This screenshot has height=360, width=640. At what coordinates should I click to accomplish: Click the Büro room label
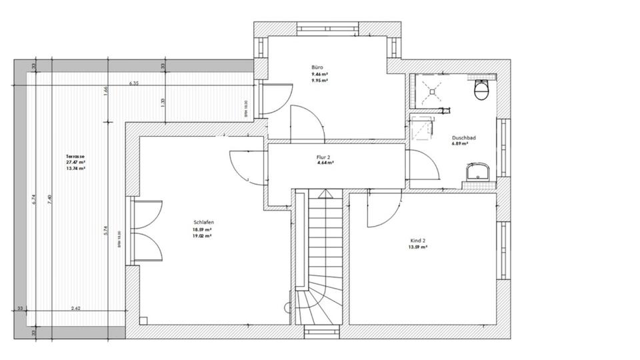[317, 68]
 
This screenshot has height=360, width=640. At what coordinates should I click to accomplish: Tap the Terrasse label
[75, 157]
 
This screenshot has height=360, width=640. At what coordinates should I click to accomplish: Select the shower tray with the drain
[431, 89]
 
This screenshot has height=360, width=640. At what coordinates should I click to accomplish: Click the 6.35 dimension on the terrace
[134, 83]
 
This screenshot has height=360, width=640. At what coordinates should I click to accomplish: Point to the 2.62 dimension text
[76, 308]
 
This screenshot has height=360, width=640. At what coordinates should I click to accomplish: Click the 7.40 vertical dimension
[50, 200]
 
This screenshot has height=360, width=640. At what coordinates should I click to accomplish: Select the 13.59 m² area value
[418, 247]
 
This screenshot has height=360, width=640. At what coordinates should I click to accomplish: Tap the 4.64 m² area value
[325, 163]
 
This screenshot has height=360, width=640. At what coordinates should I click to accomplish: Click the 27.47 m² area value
[75, 163]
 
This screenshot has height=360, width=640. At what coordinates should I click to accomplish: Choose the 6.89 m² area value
[461, 144]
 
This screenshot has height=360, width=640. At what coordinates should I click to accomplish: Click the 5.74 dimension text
[106, 230]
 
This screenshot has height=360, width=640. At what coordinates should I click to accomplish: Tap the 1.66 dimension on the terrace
[106, 91]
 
